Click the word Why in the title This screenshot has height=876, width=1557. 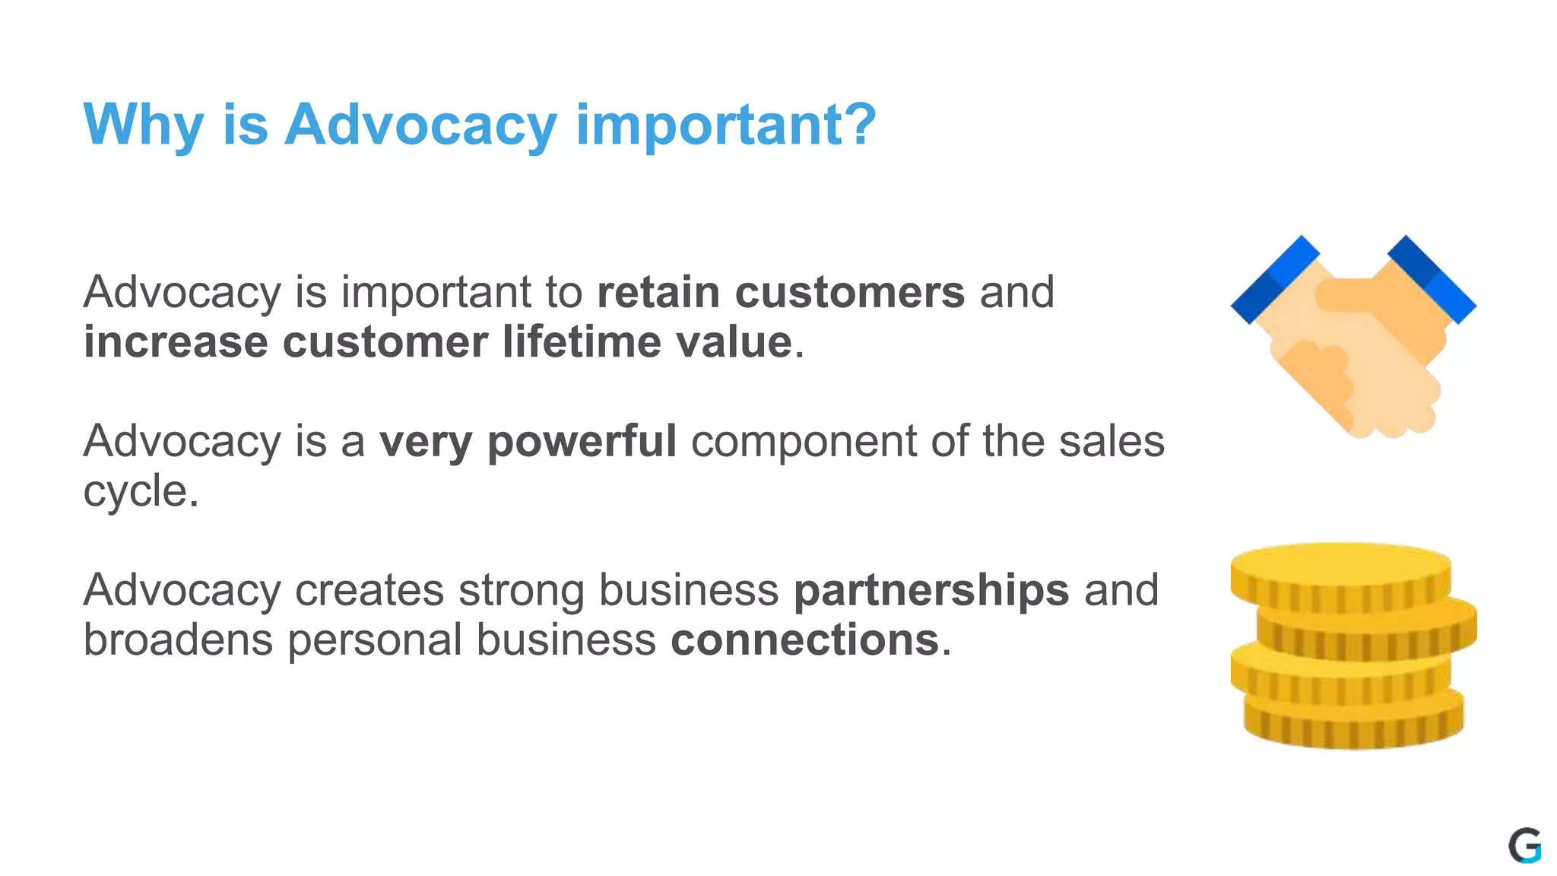(x=143, y=125)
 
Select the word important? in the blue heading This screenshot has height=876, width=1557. (x=726, y=125)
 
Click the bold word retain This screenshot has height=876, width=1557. (x=658, y=292)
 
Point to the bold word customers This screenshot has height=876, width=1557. (x=850, y=292)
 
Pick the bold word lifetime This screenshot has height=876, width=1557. (x=582, y=341)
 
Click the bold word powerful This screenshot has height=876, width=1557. (x=582, y=442)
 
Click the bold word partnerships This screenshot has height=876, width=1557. (x=931, y=590)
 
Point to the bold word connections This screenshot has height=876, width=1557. (x=804, y=640)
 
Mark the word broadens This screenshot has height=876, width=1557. (x=178, y=640)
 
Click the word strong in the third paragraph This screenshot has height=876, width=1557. (x=521, y=590)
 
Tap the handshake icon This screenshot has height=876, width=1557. (x=1353, y=338)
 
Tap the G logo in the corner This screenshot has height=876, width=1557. (x=1524, y=845)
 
